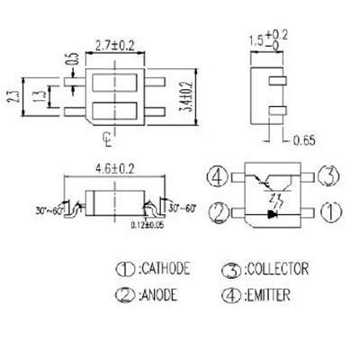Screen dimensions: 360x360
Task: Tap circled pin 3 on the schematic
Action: click(x=329, y=175)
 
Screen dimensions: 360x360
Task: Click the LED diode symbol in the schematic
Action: click(x=274, y=214)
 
